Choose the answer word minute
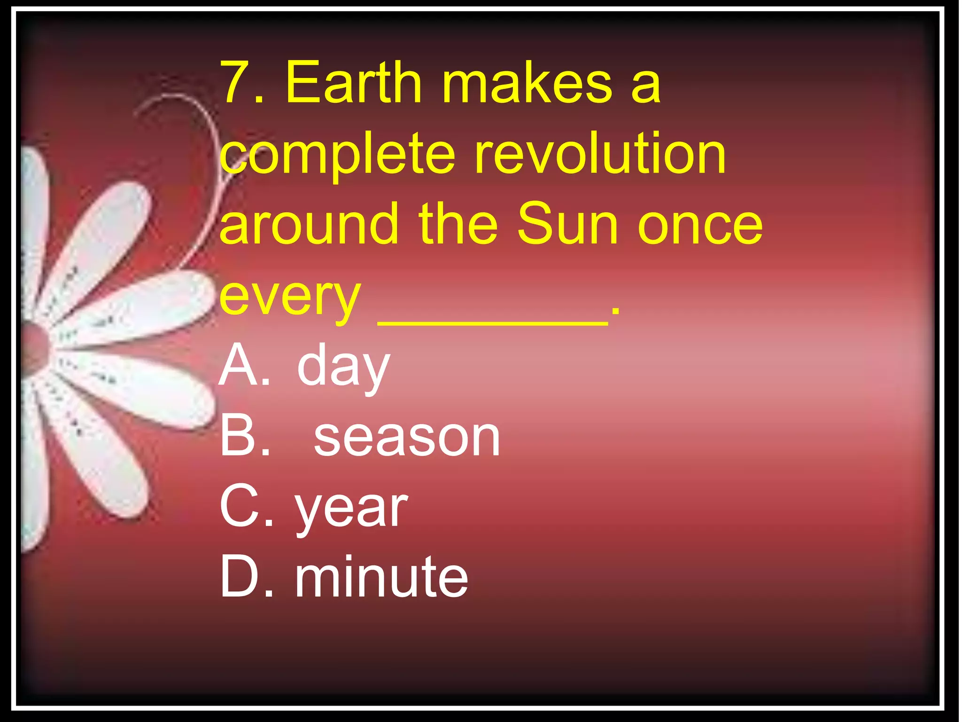pos(381,577)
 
